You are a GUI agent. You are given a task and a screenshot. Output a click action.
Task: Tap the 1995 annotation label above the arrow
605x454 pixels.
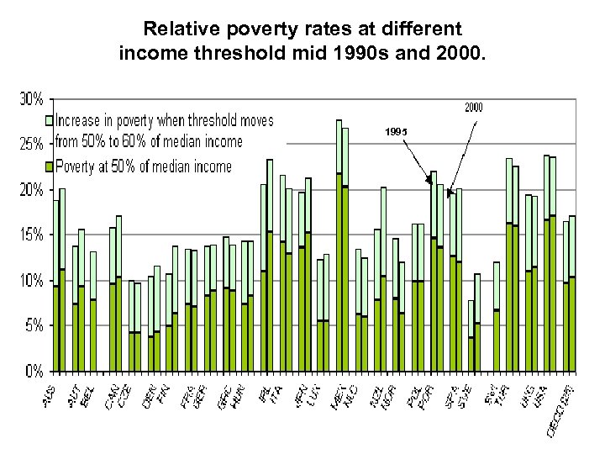point(396,131)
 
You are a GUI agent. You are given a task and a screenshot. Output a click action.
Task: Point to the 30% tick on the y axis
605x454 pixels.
point(31,98)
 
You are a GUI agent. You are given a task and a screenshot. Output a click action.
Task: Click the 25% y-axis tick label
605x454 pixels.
point(31,144)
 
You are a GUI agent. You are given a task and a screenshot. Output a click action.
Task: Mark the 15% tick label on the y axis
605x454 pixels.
point(31,235)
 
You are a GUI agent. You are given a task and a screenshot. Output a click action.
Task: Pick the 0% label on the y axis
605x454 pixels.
point(34,370)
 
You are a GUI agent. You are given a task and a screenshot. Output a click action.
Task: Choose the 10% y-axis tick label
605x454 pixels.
point(31,280)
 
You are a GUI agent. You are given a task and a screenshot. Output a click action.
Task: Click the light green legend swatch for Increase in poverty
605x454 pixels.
point(50,121)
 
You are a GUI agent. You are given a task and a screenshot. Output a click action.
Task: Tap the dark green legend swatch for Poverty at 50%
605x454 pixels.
point(50,166)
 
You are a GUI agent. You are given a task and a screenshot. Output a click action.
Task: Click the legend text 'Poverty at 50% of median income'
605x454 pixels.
point(143,166)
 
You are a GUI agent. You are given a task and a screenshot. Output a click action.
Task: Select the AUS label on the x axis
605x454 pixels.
point(52,390)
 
